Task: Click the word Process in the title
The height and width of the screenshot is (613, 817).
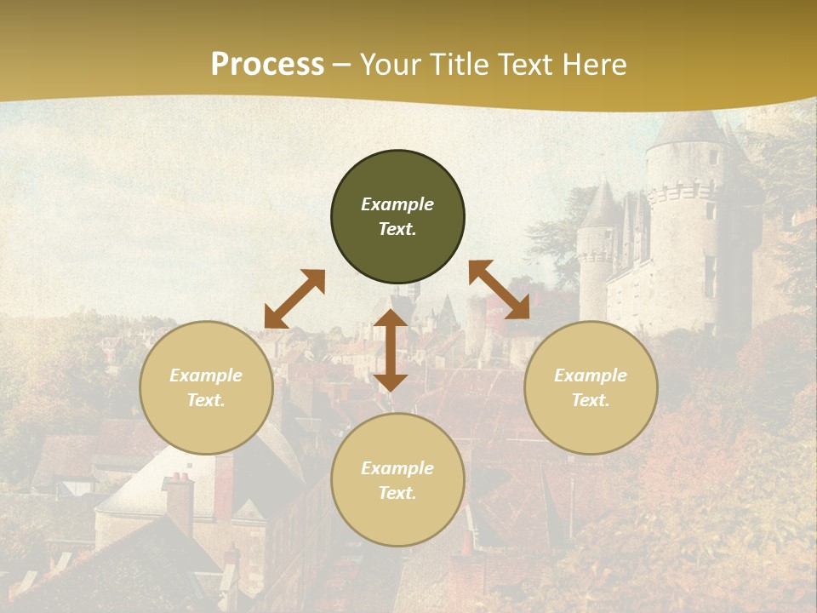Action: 267,65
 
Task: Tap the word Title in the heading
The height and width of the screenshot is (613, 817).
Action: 462,65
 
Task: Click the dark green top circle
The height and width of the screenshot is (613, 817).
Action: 397,217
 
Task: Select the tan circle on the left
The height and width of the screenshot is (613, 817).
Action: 206,387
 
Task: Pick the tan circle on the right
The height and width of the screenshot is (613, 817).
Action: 591,387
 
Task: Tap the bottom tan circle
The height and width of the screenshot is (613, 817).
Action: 397,480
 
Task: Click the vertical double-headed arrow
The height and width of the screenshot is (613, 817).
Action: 391,350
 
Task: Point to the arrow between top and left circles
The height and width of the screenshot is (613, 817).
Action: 294,299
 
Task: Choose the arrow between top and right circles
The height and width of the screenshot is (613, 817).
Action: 499,289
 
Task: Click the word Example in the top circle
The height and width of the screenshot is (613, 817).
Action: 397,204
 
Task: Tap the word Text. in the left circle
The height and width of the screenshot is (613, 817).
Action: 206,400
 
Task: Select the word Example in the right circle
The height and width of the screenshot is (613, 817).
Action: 591,375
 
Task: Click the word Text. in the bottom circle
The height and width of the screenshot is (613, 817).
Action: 397,493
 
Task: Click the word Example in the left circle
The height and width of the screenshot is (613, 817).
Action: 206,375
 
